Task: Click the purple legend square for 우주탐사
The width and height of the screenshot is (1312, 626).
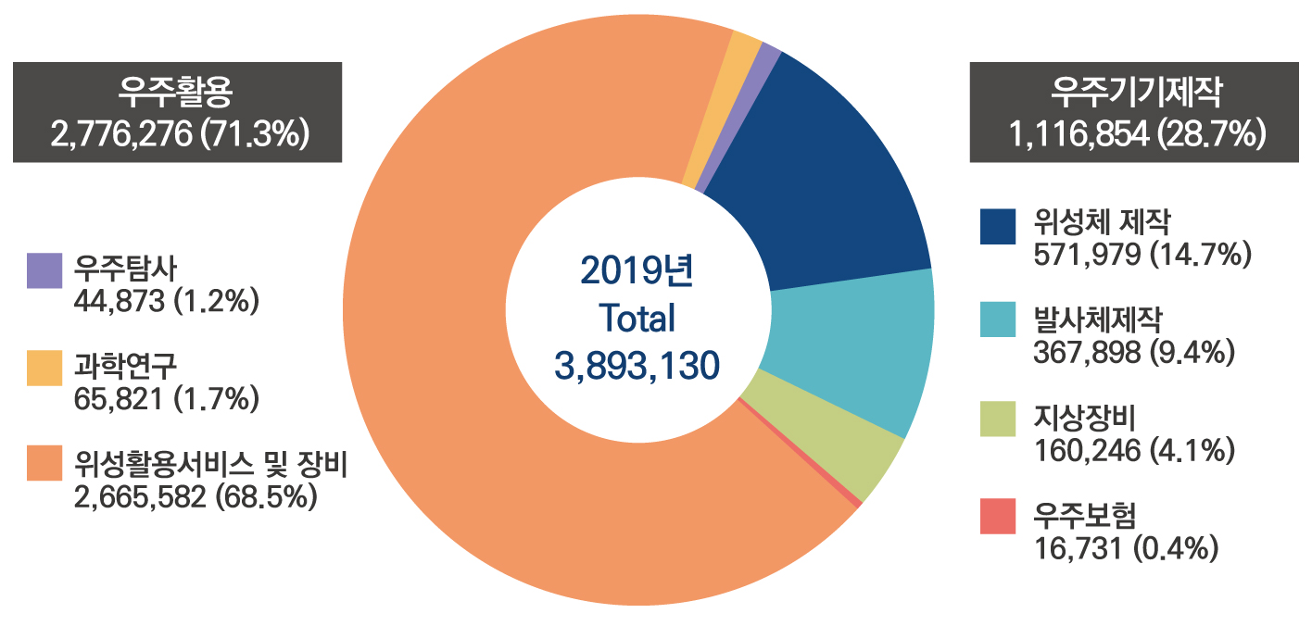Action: (44, 270)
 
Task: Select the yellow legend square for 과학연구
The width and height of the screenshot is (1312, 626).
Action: (44, 368)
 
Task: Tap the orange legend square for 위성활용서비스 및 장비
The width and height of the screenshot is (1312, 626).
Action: (44, 464)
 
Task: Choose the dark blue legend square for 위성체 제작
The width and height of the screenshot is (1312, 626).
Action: (997, 226)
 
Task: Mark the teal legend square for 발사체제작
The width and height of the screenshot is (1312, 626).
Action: (997, 321)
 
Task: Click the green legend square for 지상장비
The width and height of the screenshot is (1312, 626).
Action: (997, 419)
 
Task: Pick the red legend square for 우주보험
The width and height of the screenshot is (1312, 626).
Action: (997, 516)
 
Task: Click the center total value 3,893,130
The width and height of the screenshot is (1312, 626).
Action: (637, 366)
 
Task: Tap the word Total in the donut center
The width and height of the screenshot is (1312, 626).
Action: (637, 319)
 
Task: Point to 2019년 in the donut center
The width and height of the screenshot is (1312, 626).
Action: (637, 271)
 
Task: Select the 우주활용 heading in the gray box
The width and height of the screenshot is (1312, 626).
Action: (177, 92)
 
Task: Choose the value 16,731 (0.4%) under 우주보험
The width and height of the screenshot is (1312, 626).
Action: (1124, 547)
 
